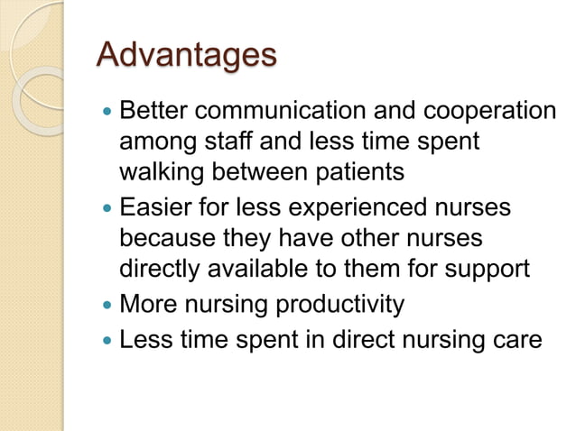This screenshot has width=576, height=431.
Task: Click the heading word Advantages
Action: tap(186, 56)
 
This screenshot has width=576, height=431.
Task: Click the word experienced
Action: tap(346, 208)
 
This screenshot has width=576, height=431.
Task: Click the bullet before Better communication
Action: tap(107, 112)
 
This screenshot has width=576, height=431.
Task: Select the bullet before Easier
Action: tap(107, 209)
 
